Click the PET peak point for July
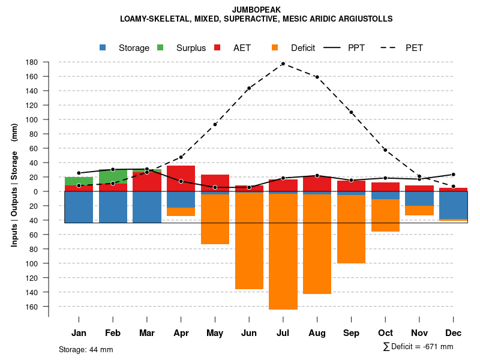pyautogui.click(x=283, y=64)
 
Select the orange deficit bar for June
pyautogui.click(x=249, y=240)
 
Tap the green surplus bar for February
pyautogui.click(x=113, y=176)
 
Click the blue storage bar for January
pyautogui.click(x=79, y=207)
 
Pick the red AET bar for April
pyautogui.click(x=181, y=178)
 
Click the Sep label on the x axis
pyautogui.click(x=351, y=333)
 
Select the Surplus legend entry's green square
pyautogui.click(x=161, y=48)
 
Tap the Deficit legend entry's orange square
pyautogui.click(x=275, y=48)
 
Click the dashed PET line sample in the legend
pyautogui.click(x=391, y=48)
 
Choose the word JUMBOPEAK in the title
pyautogui.click(x=256, y=10)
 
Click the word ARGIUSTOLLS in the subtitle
pyautogui.click(x=364, y=19)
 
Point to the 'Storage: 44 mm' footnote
pyautogui.click(x=86, y=349)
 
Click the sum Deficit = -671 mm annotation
pyautogui.click(x=418, y=346)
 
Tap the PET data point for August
pyautogui.click(x=317, y=77)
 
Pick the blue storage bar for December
pyautogui.click(x=454, y=205)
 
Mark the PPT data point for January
pyautogui.click(x=79, y=173)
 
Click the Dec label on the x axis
pyautogui.click(x=454, y=333)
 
